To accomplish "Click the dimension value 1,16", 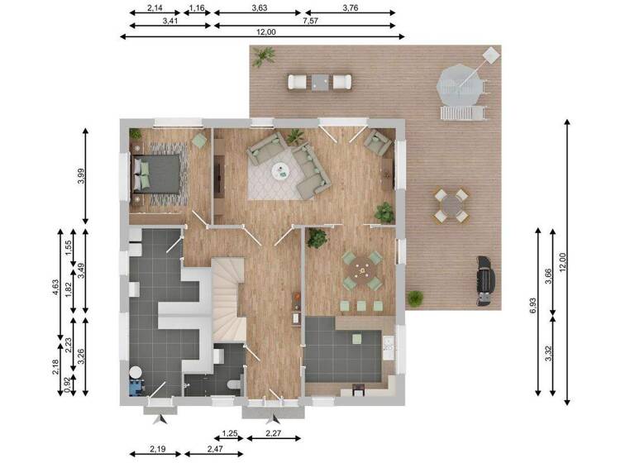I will [197, 8].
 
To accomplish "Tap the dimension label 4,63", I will [55, 287].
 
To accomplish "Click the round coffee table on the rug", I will [282, 171].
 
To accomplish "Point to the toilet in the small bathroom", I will [235, 384].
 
